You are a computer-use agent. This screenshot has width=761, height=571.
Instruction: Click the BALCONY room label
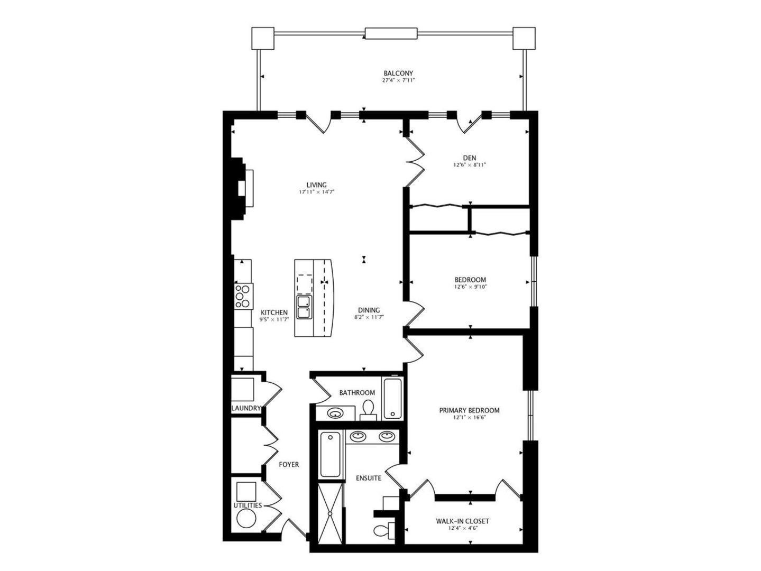[x=398, y=73]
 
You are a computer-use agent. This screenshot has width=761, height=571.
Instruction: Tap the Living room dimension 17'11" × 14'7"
[x=316, y=192]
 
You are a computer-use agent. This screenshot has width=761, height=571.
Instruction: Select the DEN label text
[x=469, y=158]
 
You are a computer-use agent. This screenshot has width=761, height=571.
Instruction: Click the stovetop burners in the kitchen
[x=243, y=296]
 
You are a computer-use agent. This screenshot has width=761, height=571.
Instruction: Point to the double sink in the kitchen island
[x=304, y=307]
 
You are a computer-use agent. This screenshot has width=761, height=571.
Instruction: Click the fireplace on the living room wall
[x=242, y=188]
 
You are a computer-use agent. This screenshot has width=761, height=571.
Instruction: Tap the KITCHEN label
[x=274, y=312]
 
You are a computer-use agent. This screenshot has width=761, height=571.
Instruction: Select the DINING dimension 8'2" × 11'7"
[x=369, y=317]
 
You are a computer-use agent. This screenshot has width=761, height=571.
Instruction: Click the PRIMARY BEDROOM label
[x=469, y=410]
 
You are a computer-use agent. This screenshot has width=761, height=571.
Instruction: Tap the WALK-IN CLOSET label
[x=462, y=521]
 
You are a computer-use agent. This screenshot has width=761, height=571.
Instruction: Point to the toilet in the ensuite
[x=382, y=529]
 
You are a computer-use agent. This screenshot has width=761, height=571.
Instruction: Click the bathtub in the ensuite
[x=331, y=454]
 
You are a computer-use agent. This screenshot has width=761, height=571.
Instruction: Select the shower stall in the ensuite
[x=331, y=512]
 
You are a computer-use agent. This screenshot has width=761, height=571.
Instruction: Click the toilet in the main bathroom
[x=369, y=409]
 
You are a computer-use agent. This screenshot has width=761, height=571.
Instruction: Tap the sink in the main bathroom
[x=335, y=413]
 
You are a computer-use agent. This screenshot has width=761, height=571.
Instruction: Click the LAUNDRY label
[x=246, y=408]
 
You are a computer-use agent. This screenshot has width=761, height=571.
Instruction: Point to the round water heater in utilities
[x=246, y=519]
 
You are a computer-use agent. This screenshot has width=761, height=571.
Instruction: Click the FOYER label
[x=289, y=465]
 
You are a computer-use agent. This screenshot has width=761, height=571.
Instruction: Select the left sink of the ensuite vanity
[x=359, y=436]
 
